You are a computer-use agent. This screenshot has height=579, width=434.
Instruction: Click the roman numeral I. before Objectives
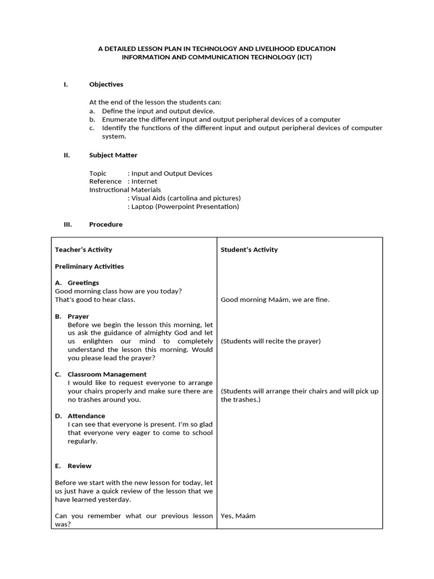66,85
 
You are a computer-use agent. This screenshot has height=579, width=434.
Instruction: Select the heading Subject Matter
113,155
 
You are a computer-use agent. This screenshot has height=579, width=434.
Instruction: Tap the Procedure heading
106,224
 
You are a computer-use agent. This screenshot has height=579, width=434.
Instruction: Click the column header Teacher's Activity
83,250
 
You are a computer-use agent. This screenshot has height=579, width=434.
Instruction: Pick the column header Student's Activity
249,250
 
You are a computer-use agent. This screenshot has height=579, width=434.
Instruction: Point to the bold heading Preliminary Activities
89,266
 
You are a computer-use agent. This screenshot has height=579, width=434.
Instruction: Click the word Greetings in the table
83,283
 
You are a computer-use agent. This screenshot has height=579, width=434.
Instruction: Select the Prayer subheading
78,317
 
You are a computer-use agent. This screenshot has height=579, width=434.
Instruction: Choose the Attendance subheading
86,416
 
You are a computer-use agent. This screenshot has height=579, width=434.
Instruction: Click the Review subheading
80,466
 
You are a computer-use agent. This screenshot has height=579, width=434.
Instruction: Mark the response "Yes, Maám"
238,516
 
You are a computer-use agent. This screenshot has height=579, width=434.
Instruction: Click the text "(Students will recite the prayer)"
271,342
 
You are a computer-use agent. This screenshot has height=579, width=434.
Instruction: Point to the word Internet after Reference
144,182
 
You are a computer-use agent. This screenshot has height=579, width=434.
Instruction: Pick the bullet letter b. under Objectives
92,120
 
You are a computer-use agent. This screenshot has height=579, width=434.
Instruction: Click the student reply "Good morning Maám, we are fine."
275,300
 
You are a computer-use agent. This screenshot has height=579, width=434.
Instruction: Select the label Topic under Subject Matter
98,174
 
